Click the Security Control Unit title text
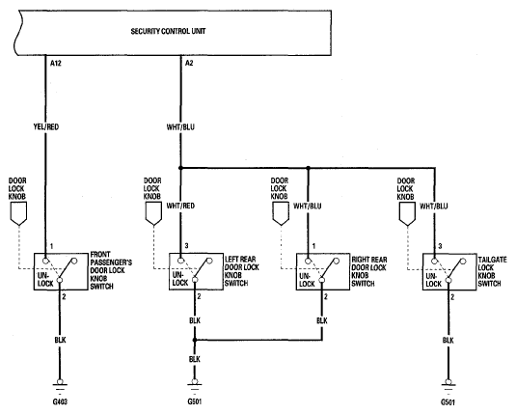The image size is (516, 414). click(168, 31)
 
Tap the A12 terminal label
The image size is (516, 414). click(56, 63)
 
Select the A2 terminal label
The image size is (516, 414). click(189, 63)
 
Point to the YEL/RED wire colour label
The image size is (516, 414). click(46, 126)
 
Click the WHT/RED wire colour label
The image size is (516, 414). click(180, 206)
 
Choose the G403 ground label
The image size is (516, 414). click(60, 401)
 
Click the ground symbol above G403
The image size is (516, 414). click(60, 385)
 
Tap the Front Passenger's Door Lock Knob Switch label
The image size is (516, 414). click(111, 270)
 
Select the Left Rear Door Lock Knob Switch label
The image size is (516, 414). click(242, 271)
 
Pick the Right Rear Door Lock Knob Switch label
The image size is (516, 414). click(369, 271)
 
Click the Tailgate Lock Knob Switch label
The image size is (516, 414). click(492, 271)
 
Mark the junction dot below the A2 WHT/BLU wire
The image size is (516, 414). click(180, 168)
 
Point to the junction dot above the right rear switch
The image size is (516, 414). click(308, 168)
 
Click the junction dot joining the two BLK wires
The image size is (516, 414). click(195, 340)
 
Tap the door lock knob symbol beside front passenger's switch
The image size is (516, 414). click(18, 214)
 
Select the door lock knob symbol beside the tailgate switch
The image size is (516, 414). click(407, 214)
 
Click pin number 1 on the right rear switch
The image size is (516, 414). click(314, 246)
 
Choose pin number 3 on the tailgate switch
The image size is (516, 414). click(440, 246)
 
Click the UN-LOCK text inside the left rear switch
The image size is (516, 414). click(180, 279)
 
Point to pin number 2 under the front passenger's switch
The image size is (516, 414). click(64, 297)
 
